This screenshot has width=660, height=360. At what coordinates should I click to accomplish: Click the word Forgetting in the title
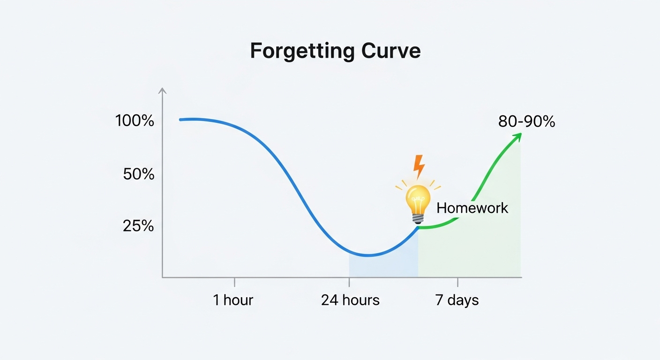click(x=302, y=52)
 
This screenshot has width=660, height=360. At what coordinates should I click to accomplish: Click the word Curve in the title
click(x=391, y=51)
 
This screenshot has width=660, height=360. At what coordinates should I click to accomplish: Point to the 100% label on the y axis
click(x=135, y=121)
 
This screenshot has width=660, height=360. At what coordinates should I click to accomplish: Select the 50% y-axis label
click(x=138, y=174)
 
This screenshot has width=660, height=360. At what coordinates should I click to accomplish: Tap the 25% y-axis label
click(x=138, y=226)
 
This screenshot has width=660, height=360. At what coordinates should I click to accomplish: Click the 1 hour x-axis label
click(x=233, y=300)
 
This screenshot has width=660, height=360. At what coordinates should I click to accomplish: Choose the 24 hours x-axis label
click(x=350, y=300)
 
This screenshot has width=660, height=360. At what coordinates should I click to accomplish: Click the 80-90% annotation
click(x=526, y=121)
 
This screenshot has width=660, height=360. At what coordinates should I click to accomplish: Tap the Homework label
click(x=472, y=208)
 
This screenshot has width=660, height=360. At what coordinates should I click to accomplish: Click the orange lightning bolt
click(x=419, y=167)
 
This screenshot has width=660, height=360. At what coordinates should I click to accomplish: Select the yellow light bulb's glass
click(x=418, y=199)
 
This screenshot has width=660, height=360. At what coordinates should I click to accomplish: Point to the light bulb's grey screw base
click(x=418, y=219)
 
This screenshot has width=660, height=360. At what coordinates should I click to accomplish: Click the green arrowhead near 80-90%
click(x=517, y=137)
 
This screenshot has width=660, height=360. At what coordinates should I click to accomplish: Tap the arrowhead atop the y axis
click(x=162, y=90)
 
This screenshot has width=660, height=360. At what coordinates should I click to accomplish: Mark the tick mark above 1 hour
click(x=234, y=282)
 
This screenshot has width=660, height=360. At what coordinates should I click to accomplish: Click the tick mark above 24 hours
click(x=349, y=282)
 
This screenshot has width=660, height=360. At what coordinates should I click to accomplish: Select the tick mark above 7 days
click(x=457, y=282)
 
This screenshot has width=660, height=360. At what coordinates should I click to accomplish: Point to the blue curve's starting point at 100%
click(x=180, y=120)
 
